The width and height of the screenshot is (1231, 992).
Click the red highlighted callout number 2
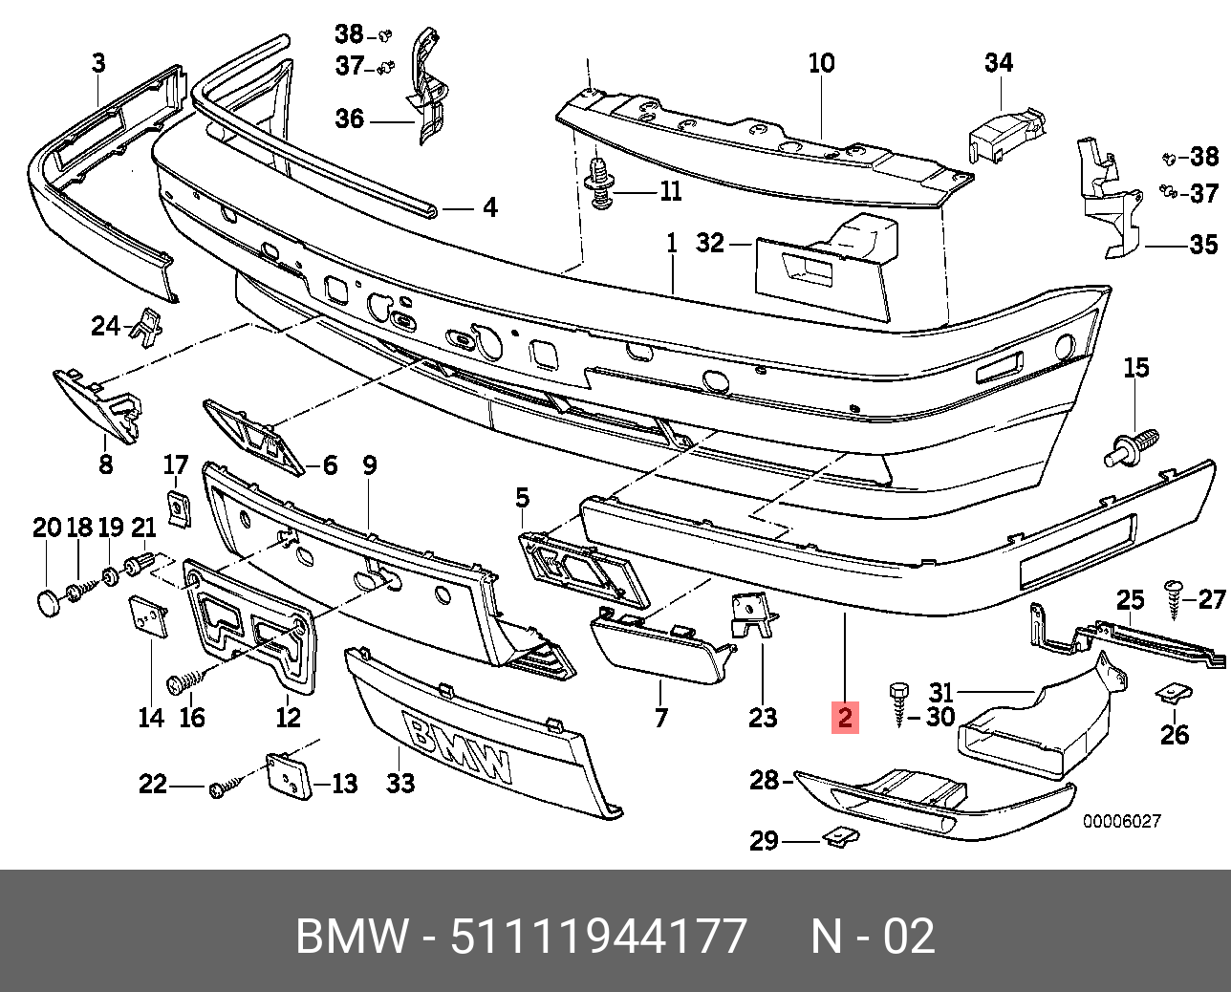coord(845,717)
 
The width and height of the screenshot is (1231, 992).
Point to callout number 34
coord(998,63)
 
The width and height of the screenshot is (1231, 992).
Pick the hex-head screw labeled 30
coord(899,704)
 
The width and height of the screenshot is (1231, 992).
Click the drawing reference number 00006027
coord(1121,821)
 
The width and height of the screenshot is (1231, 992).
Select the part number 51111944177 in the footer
coord(598,937)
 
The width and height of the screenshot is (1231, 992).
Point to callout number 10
coord(821,64)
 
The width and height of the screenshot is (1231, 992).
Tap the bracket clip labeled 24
coord(145,327)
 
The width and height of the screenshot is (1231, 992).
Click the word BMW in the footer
coord(351,937)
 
